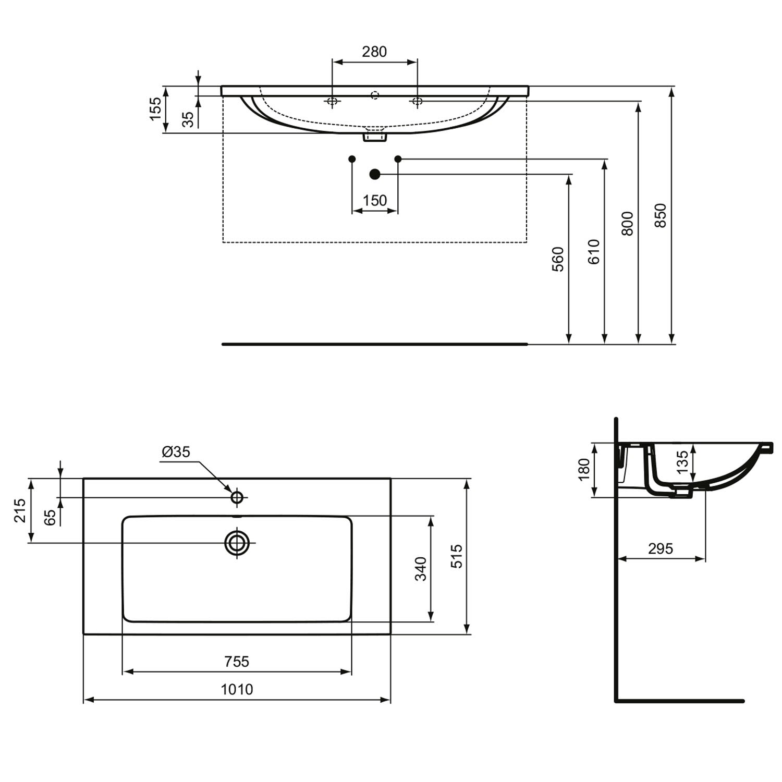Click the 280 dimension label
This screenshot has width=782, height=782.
pos(374,52)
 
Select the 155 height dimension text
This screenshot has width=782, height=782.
pos(156,109)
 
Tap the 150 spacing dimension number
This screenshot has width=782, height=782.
pos(375,200)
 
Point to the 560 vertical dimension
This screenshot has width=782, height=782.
pos(558,259)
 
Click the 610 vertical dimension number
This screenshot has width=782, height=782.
pos(594,251)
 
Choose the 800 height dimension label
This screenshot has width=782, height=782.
pos(628,223)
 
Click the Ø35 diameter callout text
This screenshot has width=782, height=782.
pos(176,451)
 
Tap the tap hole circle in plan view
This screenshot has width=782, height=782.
pos(237,497)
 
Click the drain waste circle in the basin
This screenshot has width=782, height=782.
pos(237,543)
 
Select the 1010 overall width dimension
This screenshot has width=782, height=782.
pos(237,689)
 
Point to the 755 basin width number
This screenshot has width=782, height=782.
pos(237,661)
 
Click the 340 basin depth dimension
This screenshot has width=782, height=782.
pos(421,569)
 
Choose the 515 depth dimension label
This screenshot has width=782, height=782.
pos(456,556)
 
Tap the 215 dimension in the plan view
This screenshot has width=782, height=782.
pos(20,510)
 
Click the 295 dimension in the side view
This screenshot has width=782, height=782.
pos(661,548)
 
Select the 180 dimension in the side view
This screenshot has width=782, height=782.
pos(584,469)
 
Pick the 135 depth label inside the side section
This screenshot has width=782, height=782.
pos(682,462)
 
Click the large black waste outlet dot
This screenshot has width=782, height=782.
pos(374,174)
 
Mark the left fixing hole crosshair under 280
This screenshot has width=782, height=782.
pos(332,101)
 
